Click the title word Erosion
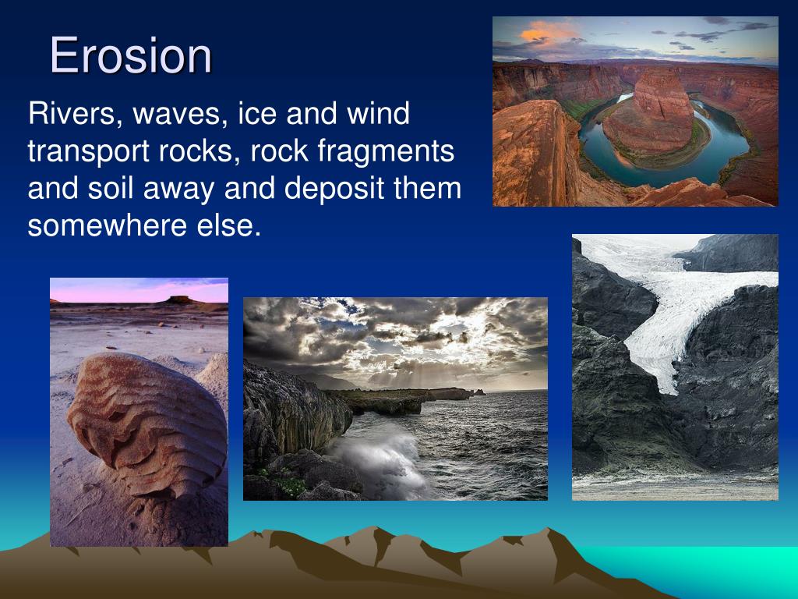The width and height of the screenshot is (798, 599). [131, 55]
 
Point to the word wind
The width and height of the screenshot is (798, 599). [378, 113]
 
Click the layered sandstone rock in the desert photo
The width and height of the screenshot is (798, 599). [147, 424]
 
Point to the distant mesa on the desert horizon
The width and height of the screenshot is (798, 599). [179, 300]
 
